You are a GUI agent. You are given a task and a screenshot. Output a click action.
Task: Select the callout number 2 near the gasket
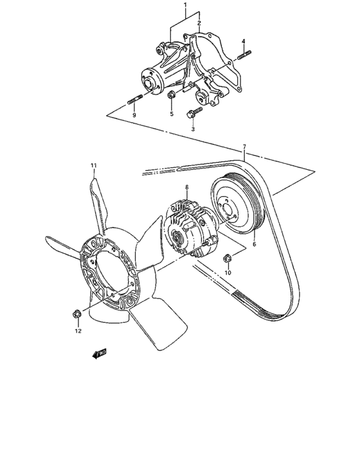[x=200, y=22]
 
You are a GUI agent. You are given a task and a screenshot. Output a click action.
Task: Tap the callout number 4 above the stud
[x=244, y=42]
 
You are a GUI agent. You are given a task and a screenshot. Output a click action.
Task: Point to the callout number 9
[x=134, y=115]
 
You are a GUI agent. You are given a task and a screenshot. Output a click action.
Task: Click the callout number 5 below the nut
[x=172, y=114]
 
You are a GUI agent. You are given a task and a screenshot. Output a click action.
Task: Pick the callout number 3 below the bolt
[x=193, y=129]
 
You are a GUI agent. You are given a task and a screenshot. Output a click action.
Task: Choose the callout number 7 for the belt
[x=244, y=148]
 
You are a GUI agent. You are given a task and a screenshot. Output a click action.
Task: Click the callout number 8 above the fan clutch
[x=186, y=187]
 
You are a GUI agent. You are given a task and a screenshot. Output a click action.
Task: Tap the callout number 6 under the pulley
[x=253, y=244]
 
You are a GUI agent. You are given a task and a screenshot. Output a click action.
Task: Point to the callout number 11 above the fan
[x=93, y=166]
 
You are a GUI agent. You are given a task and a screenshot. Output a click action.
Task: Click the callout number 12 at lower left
[x=78, y=332]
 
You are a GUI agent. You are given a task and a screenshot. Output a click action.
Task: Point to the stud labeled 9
[x=134, y=100]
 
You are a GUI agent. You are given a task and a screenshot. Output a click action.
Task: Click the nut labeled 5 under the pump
[x=172, y=96]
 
